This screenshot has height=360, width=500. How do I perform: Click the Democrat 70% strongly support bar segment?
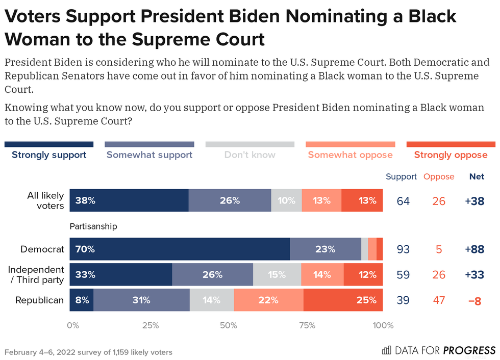tap(180, 249)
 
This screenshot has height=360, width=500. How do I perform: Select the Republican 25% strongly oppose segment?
tap(343, 300)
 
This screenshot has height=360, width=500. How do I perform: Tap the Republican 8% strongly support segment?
tap(81, 300)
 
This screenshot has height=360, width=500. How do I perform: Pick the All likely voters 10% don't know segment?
tap(286, 200)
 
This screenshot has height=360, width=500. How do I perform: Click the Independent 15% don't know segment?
tap(277, 275)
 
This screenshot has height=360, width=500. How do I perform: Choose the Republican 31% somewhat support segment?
tap(141, 300)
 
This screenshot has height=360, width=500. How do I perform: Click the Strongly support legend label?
tap(49, 155)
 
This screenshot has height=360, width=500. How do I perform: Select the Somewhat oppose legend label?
tap(350, 155)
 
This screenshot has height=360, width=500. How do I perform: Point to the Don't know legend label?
tap(250, 155)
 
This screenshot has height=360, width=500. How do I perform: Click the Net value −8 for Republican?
tap(475, 300)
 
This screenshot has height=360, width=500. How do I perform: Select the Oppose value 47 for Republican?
tap(439, 300)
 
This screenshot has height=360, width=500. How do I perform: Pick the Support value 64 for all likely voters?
tap(404, 200)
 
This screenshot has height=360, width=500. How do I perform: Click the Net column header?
tap(477, 177)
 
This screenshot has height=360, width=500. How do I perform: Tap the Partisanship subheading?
tap(93, 225)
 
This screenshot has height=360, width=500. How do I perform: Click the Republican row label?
tap(40, 300)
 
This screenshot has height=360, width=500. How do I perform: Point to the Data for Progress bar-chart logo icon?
tap(387, 350)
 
